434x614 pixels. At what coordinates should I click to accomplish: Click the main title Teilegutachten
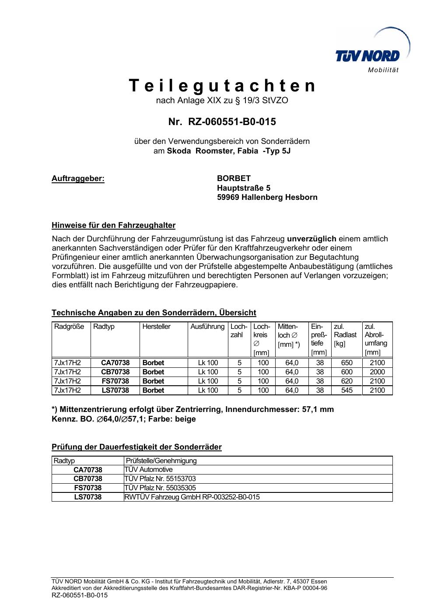[222, 86]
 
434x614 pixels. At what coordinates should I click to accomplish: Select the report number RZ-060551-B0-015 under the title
[232, 122]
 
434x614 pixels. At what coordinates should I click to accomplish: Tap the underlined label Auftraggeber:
[78, 178]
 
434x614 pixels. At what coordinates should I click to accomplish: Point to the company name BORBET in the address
[234, 178]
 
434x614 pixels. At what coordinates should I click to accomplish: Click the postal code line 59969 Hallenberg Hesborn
[267, 197]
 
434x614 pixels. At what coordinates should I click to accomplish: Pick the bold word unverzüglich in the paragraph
[311, 239]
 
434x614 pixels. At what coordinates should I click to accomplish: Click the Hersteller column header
[156, 327]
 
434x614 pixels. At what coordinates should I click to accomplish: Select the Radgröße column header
[69, 327]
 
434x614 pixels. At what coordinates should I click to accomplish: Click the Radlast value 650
[346, 363]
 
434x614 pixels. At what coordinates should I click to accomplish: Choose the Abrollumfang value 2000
[377, 372]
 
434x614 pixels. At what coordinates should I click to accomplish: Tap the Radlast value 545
[346, 391]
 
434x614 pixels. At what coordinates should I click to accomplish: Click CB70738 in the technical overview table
[115, 372]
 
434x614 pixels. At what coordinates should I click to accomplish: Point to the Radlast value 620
[346, 381]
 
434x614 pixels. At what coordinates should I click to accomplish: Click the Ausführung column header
[207, 327]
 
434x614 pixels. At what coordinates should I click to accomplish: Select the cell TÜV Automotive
[149, 470]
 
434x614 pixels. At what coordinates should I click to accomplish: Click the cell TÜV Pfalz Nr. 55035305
[160, 488]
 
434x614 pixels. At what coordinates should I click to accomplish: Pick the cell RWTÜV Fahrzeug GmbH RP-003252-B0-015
[192, 497]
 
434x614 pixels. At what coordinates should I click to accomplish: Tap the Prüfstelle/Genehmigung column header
[161, 460]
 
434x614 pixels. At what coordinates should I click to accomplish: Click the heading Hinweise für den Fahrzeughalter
[113, 226]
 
